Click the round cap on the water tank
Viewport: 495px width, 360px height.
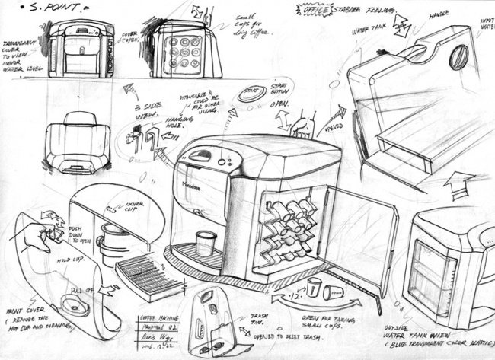[459, 56]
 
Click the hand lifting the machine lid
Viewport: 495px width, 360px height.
[305, 123]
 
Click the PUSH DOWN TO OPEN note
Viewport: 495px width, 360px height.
[79, 234]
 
